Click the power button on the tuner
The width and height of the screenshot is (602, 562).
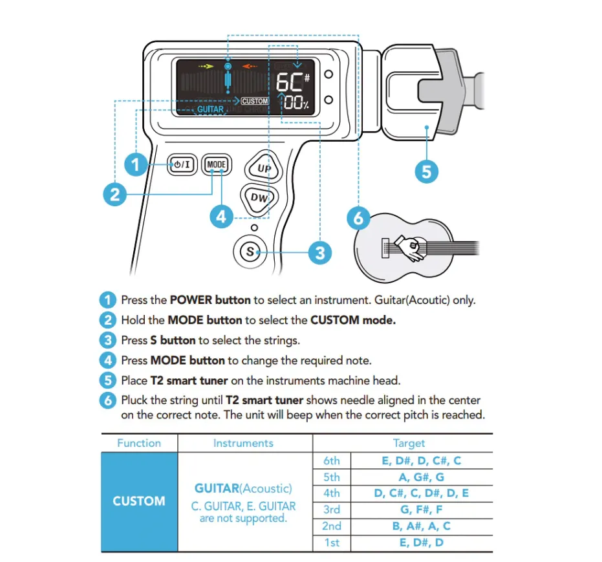point(182,165)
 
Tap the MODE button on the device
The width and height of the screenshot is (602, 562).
point(216,165)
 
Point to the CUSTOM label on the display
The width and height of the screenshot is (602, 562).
point(255,102)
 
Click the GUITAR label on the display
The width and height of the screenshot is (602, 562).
point(210,109)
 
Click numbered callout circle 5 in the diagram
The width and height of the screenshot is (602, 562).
point(426,171)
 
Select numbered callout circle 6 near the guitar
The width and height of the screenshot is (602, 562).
point(359,218)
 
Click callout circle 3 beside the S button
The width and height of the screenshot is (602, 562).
point(319,252)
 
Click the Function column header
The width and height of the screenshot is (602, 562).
point(139,443)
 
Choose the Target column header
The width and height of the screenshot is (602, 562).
point(409,443)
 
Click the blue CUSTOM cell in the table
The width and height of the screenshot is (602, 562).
point(139,501)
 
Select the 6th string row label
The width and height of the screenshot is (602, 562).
point(331,461)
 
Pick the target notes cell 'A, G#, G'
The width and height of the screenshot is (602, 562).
point(421,477)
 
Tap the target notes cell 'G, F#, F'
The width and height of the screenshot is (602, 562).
point(421,510)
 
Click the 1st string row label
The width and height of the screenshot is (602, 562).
point(331,543)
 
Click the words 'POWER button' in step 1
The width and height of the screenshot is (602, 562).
point(210,300)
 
